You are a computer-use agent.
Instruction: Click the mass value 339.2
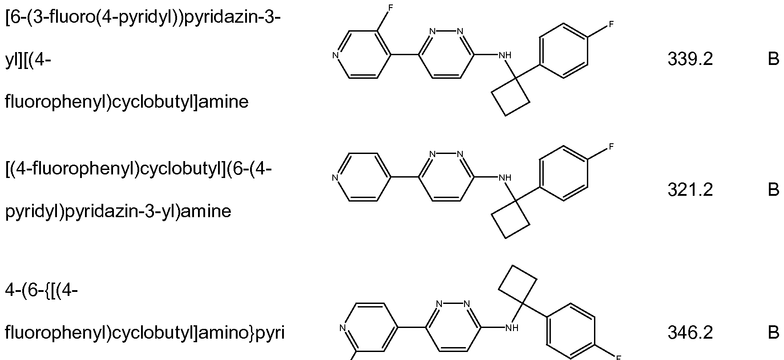[690, 60]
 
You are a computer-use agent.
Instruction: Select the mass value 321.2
[690, 190]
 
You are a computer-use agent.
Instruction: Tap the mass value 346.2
[690, 332]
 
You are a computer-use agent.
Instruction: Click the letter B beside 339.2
[773, 60]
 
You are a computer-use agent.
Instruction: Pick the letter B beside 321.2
[773, 190]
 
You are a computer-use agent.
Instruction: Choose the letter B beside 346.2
[773, 332]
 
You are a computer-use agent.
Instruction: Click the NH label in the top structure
[505, 56]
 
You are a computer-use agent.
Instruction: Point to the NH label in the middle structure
[505, 178]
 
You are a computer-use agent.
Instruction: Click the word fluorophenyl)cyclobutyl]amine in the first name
[127, 102]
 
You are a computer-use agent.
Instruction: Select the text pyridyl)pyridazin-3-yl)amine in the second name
[118, 211]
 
